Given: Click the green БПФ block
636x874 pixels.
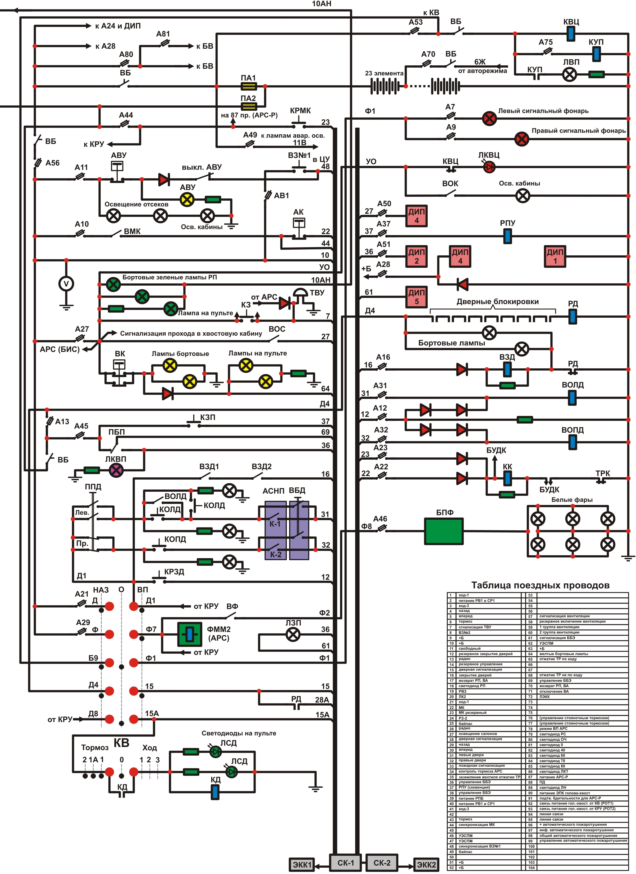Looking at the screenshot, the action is point(444,531).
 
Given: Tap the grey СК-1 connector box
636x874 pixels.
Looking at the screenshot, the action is point(345,862).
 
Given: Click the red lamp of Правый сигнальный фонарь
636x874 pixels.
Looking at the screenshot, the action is point(522,139).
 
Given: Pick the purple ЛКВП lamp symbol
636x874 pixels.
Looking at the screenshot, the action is point(116,470).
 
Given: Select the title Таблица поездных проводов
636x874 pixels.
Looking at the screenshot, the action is point(540,585).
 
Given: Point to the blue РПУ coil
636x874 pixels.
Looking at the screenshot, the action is point(508,236).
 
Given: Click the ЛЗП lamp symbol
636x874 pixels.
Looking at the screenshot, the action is point(293,634).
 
